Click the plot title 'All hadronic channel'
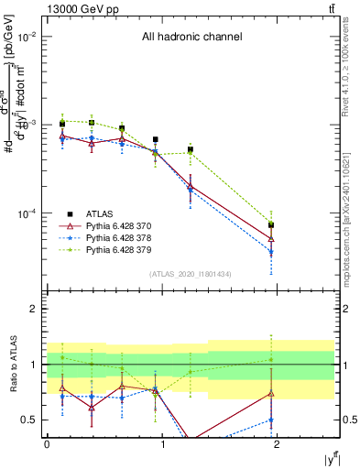[x=191, y=38]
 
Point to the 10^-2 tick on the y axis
[x=29, y=37]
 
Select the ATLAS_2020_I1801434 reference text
[x=191, y=274]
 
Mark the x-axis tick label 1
[x=163, y=444]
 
